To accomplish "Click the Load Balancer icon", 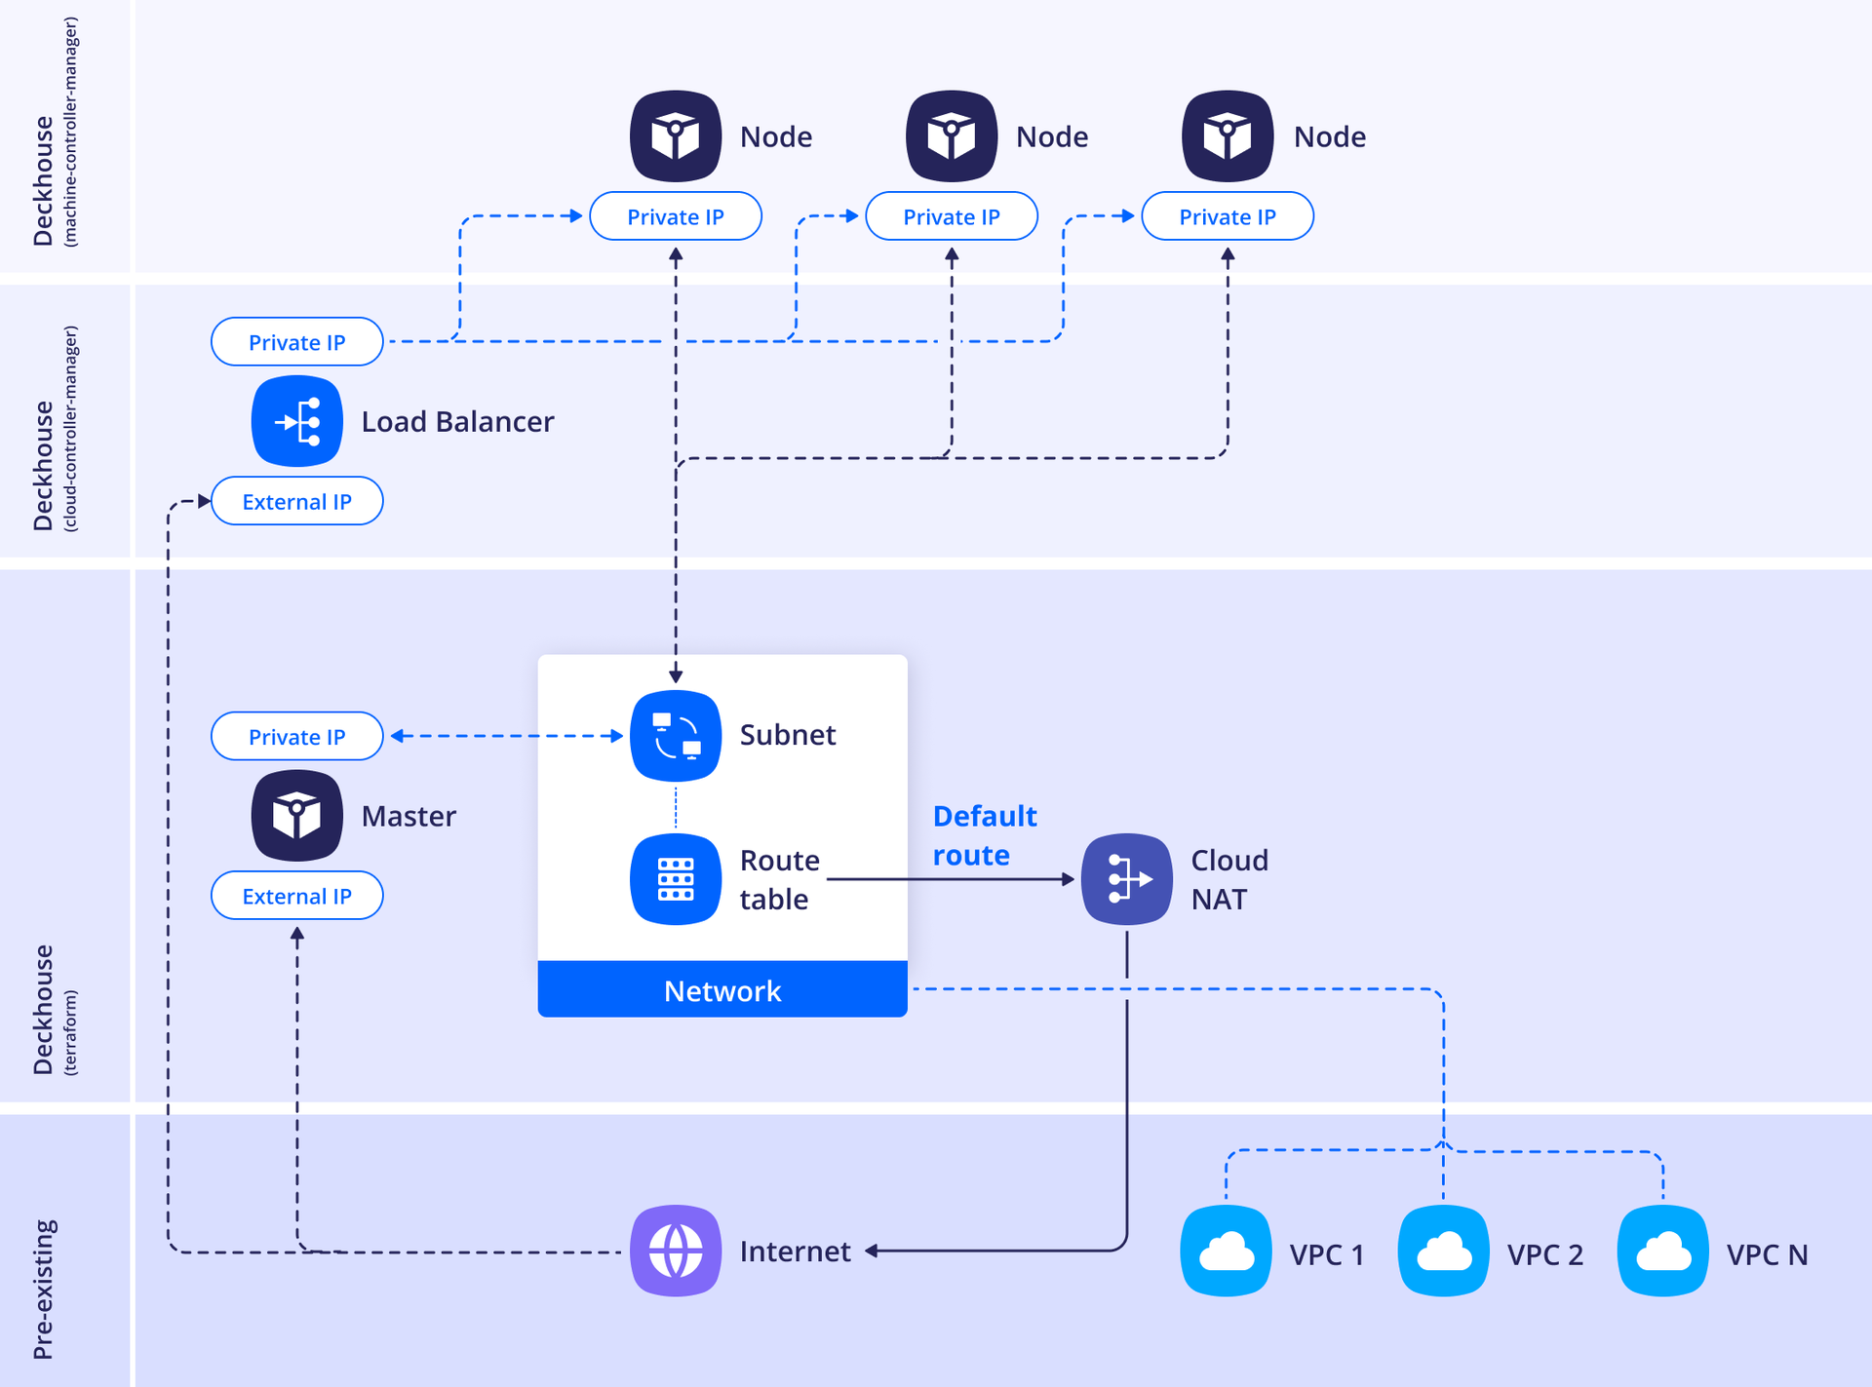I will (296, 421).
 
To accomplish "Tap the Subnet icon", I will (676, 735).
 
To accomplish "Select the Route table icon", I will (676, 879).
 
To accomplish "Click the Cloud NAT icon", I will (1127, 879).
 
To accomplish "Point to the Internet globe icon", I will (676, 1251).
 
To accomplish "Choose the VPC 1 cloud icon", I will (1227, 1252).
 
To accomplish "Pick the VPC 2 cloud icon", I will (1444, 1252).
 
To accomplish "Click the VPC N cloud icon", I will (1663, 1252).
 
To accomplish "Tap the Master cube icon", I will (296, 816).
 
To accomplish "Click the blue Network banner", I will (722, 990).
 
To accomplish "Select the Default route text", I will (984, 835).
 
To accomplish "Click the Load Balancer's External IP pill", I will (296, 501).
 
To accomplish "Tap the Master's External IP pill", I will (296, 896).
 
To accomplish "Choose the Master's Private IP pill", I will (296, 737).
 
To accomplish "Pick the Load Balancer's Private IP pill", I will (296, 342).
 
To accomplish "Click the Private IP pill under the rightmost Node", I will (1228, 216).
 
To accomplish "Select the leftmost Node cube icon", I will (676, 136).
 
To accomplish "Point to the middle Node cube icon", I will (952, 136).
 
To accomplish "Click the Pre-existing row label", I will (44, 1289).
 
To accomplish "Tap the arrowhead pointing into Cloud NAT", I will (1069, 879).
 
